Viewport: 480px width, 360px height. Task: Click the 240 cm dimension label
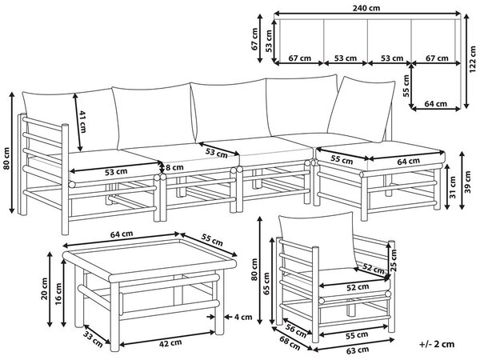pos(366,8)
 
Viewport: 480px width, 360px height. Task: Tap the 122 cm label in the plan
pos(473,59)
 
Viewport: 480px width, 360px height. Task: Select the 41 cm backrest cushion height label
pos(83,122)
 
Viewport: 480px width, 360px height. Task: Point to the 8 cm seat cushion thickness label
pos(174,167)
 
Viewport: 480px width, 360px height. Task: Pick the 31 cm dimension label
pos(453,187)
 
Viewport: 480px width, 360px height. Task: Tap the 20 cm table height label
pos(44,289)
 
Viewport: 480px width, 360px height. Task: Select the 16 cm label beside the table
pos(58,293)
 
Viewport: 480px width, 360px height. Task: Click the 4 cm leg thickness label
pos(243,317)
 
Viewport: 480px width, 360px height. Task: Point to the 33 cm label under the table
pos(93,339)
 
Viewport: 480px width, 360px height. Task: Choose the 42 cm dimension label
pos(170,343)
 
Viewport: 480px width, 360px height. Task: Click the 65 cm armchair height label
pos(266,284)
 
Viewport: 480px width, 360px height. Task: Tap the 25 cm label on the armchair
pos(394,261)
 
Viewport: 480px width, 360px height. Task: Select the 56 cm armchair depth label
pos(296,331)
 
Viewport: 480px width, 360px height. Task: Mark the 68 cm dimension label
pos(290,342)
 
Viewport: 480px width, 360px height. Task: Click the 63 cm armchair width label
pos(357,350)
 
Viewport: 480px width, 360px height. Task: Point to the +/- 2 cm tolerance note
pos(437,344)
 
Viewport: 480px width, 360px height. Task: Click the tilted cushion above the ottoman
pos(362,109)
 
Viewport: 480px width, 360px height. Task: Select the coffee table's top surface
pos(150,256)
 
